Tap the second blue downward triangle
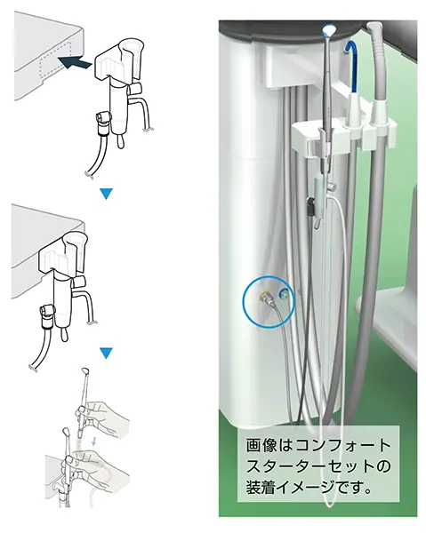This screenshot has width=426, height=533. click(x=106, y=354)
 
